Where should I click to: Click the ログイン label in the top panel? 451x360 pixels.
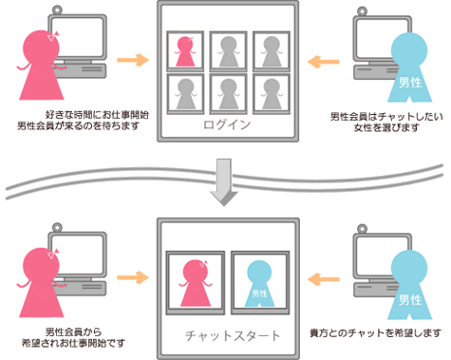tap(227, 124)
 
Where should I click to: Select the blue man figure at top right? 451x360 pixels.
tap(408, 71)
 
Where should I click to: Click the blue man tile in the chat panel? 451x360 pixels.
tap(258, 282)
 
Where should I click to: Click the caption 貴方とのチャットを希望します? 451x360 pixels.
tap(376, 333)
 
